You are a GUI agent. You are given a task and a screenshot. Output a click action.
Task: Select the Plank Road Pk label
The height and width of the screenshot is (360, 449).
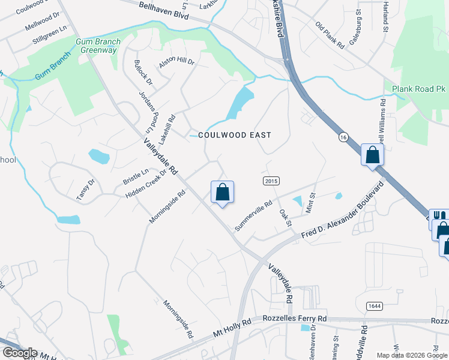[418, 89]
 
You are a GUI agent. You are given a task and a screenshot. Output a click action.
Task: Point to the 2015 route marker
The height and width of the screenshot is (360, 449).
[271, 181]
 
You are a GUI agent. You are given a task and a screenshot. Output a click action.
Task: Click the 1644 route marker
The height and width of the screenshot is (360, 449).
[375, 306]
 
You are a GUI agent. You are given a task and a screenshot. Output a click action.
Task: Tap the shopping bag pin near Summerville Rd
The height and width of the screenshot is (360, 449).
[222, 192]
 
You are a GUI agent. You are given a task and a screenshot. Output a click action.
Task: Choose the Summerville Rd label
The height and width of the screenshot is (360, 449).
[253, 215]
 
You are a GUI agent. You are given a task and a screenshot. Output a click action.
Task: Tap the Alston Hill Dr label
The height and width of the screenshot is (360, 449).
[176, 62]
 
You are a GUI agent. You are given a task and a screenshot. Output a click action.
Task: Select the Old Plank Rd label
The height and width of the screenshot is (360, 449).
[330, 35]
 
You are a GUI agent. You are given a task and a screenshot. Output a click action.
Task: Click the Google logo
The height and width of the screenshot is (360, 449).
[20, 353]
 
